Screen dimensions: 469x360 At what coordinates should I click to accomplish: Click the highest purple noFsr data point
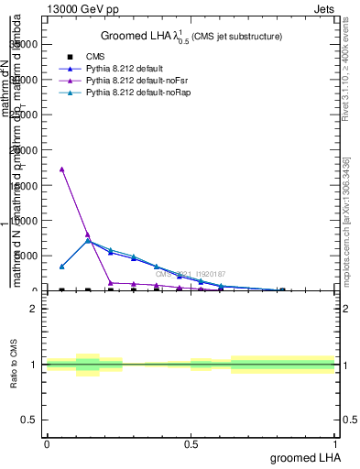61,169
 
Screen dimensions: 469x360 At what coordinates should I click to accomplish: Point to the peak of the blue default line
87,242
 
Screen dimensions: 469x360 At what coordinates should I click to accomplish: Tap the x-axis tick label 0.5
191,443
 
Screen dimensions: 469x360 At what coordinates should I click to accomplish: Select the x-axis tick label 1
335,443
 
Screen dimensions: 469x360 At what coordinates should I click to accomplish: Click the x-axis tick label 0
47,443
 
